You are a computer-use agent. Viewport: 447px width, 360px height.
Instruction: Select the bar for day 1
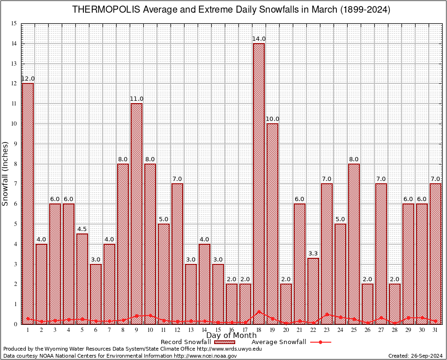tap(28, 203)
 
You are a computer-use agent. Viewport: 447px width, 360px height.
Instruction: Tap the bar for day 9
tap(136, 213)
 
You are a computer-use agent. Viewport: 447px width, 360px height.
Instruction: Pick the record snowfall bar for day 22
tap(313, 291)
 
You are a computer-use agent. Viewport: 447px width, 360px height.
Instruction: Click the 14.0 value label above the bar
tap(259, 39)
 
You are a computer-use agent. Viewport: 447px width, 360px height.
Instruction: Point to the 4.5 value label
tap(82, 229)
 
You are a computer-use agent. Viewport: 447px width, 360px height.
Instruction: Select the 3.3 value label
tap(313, 254)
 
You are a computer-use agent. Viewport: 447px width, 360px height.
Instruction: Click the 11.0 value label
tap(136, 99)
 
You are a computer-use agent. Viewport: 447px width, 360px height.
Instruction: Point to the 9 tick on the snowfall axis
tap(15, 144)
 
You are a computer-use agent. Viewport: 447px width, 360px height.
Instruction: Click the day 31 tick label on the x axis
tap(435, 330)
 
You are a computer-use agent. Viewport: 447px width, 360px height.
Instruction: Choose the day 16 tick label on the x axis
tap(231, 330)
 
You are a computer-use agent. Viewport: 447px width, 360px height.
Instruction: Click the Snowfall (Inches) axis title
tap(5, 173)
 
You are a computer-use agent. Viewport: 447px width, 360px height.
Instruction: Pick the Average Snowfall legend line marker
tap(320, 342)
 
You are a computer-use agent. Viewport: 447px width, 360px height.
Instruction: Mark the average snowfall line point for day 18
tap(259, 311)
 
